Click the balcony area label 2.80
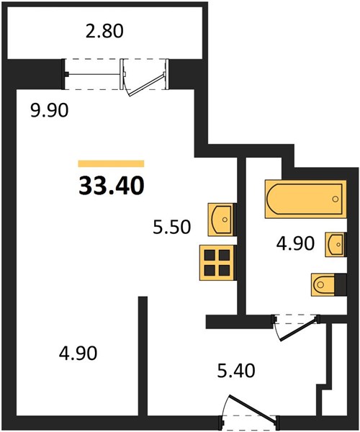tap(104, 31)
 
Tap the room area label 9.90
tap(49, 111)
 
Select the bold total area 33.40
tap(112, 186)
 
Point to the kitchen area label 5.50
tap(172, 227)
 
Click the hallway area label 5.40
tap(236, 371)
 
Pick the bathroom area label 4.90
tap(295, 243)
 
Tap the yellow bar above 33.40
tap(112, 163)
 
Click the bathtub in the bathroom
tap(306, 199)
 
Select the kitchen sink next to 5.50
tap(222, 220)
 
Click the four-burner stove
tap(217, 263)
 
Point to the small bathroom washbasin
tap(336, 244)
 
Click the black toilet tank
tap(340, 284)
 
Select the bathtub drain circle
tap(336, 199)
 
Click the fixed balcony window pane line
tap(93, 74)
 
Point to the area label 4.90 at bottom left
tap(78, 354)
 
